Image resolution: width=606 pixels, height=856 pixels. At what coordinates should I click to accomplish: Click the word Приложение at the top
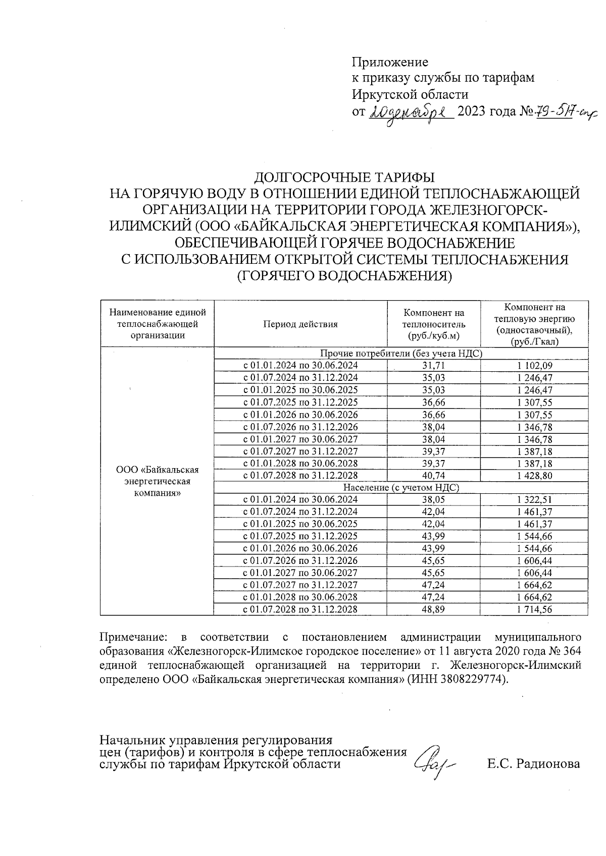(390, 62)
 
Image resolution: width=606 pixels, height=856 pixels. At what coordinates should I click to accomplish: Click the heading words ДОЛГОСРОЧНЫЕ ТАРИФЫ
(344, 178)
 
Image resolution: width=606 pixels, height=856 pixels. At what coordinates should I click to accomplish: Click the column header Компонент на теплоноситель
(433, 324)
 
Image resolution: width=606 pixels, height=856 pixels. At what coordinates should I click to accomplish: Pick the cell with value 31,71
(433, 365)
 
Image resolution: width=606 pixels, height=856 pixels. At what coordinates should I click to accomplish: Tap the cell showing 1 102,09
(534, 365)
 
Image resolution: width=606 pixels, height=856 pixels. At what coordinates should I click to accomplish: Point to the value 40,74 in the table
(433, 475)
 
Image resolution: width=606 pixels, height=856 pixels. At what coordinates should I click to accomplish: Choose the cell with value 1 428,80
(534, 475)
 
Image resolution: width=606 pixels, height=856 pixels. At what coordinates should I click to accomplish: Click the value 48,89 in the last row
(433, 609)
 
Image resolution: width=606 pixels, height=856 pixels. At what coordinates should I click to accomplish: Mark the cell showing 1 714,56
(534, 609)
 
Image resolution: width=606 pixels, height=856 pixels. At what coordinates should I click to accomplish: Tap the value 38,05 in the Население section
(433, 499)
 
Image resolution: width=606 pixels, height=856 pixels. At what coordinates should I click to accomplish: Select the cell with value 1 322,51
(534, 499)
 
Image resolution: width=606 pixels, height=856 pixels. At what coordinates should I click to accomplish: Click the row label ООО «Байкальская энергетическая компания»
(158, 481)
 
